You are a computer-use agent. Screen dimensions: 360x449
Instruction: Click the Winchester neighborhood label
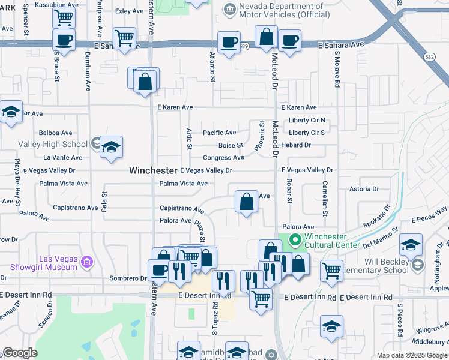(x=153, y=170)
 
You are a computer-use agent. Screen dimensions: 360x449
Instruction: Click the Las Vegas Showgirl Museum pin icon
(x=88, y=262)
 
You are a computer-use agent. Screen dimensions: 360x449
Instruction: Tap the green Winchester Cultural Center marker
(x=295, y=241)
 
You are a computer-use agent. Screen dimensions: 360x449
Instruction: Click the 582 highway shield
(x=427, y=56)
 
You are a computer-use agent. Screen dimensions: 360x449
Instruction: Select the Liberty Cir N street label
(x=306, y=120)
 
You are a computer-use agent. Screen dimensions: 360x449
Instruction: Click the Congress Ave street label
(x=223, y=158)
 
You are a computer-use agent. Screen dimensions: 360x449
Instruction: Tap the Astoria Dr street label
(x=364, y=189)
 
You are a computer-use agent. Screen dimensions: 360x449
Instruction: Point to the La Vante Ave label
(x=63, y=157)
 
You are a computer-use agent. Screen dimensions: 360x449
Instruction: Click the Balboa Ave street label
(x=55, y=133)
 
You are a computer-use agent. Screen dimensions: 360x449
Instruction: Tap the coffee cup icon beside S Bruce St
(x=64, y=40)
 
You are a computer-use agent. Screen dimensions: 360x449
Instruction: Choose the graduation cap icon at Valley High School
(x=111, y=147)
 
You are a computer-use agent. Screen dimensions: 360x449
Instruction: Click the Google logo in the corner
(x=20, y=353)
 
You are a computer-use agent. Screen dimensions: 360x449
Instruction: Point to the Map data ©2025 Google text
(x=411, y=355)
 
